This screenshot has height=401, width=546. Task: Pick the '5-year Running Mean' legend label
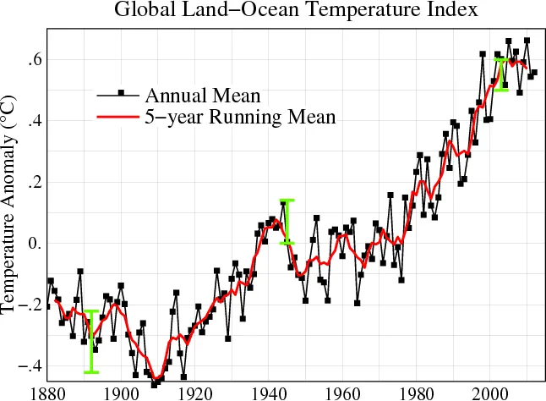241,117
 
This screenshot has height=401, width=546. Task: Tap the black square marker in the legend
122,93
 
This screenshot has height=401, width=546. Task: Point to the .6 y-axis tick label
32,60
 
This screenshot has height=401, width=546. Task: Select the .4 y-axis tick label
32,121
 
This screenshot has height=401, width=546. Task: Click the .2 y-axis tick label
32,183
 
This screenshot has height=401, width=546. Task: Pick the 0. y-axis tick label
32,244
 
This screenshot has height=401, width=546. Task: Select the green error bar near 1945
287,222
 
